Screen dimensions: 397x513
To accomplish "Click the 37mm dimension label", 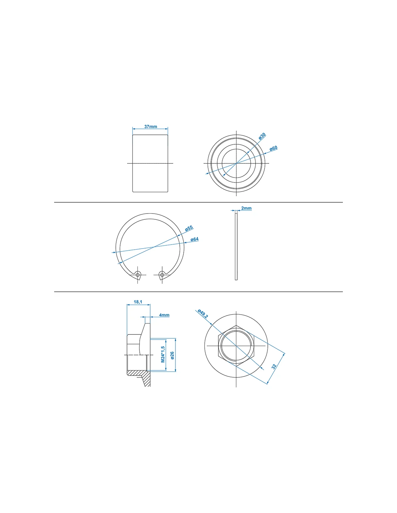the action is [x=150, y=127].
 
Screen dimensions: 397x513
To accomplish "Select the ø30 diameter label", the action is [x=262, y=136].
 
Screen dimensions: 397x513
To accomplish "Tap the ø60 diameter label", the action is [x=274, y=149].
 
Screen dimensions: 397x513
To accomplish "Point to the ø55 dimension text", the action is [x=189, y=228].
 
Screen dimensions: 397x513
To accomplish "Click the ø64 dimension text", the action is [x=195, y=239].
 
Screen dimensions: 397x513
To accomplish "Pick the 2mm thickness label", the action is [x=247, y=208].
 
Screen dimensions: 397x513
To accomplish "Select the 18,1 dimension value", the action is [x=138, y=302].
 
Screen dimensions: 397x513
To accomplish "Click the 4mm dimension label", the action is [x=164, y=315].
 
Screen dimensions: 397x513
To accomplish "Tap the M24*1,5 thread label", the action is [x=163, y=355].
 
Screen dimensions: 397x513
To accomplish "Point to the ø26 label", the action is [x=172, y=356].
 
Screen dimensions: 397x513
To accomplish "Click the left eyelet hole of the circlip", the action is [x=138, y=275].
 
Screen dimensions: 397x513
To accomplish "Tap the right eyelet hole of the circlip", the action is [x=162, y=275].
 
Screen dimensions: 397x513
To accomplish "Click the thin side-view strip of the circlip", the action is [x=236, y=246].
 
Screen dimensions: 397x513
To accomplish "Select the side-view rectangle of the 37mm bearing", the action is [x=150, y=163].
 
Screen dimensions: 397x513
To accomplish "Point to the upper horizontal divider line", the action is [x=198, y=202].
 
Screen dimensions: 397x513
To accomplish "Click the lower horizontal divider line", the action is [x=198, y=292].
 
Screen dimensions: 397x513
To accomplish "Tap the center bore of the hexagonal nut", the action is [x=236, y=346].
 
